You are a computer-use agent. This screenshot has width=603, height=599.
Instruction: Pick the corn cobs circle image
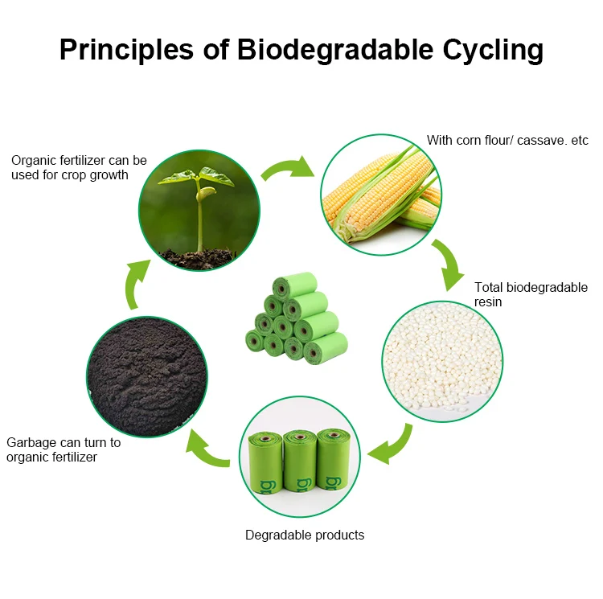click(381, 195)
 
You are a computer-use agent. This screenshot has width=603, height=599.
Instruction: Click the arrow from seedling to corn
click(288, 166)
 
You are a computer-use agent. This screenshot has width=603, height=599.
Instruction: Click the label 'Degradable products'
click(305, 535)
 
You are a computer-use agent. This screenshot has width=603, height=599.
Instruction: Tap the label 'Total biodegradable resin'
click(531, 294)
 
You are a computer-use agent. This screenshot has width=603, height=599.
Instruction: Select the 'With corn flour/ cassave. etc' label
click(507, 141)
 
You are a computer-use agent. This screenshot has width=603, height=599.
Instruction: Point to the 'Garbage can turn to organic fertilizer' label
click(64, 449)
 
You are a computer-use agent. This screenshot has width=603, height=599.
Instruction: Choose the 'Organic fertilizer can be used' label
click(79, 167)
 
